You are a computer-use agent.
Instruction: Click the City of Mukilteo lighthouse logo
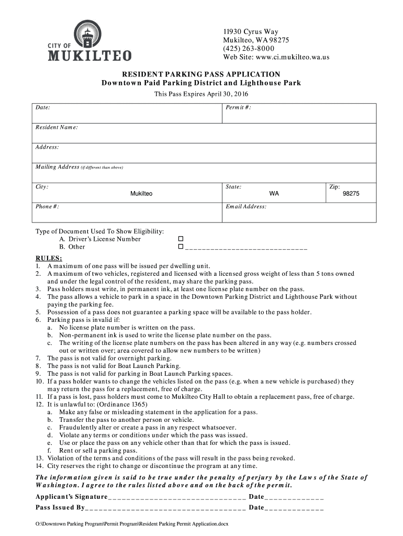click(x=89, y=40)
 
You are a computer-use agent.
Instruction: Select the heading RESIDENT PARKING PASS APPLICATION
click(x=201, y=74)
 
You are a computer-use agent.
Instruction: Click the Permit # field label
click(x=238, y=107)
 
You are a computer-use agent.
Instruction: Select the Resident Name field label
click(x=57, y=127)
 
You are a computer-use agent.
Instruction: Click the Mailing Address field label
click(x=57, y=167)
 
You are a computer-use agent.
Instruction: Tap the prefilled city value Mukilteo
click(x=141, y=194)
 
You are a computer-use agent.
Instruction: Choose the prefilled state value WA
click(x=274, y=194)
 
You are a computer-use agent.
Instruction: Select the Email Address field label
click(x=246, y=207)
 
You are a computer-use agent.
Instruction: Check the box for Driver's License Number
click(x=181, y=239)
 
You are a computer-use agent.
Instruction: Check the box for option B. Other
click(x=181, y=246)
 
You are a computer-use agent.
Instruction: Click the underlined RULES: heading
click(x=49, y=259)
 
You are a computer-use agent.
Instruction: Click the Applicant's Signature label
click(x=71, y=497)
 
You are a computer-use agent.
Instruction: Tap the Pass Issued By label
click(x=60, y=508)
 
